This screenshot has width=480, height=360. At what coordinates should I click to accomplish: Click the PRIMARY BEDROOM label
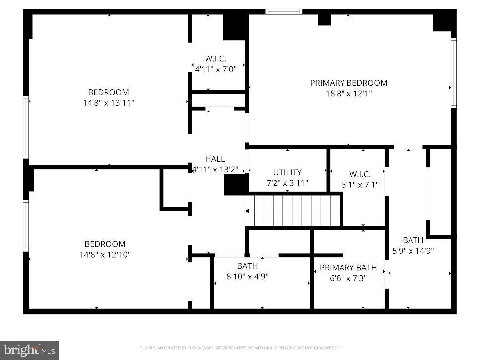[x=348, y=83]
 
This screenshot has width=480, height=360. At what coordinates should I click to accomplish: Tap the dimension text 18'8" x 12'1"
[x=348, y=93]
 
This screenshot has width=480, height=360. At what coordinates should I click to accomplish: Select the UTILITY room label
[x=287, y=172]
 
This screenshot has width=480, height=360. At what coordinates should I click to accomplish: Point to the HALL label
[x=215, y=159]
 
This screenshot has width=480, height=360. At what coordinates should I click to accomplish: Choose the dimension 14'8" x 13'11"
[x=108, y=103]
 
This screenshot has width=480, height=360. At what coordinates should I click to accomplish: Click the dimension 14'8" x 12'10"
[x=105, y=255]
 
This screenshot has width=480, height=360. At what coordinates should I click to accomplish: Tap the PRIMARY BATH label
[x=348, y=267]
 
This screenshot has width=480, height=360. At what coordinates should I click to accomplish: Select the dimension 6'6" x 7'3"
[x=348, y=278]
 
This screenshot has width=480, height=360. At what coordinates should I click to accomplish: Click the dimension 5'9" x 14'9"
[x=413, y=251]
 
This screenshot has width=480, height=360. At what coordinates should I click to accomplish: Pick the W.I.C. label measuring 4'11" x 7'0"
[x=215, y=59]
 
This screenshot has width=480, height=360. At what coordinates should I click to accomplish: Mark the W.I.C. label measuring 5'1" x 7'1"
[x=360, y=174]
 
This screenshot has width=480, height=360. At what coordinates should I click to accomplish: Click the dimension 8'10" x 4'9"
[x=247, y=276]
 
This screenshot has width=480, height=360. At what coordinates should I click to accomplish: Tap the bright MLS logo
[x=29, y=350]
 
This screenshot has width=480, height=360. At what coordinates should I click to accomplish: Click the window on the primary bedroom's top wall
[x=284, y=11]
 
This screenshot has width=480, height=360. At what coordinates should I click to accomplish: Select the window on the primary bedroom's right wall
[x=453, y=73]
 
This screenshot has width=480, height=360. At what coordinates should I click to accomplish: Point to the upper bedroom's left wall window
[x=26, y=127]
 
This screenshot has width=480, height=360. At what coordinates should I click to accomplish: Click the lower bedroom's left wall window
[x=26, y=225]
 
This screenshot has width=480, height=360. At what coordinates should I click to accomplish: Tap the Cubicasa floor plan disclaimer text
[x=240, y=348]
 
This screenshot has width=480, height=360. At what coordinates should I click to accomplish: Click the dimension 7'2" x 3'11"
[x=287, y=183]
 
